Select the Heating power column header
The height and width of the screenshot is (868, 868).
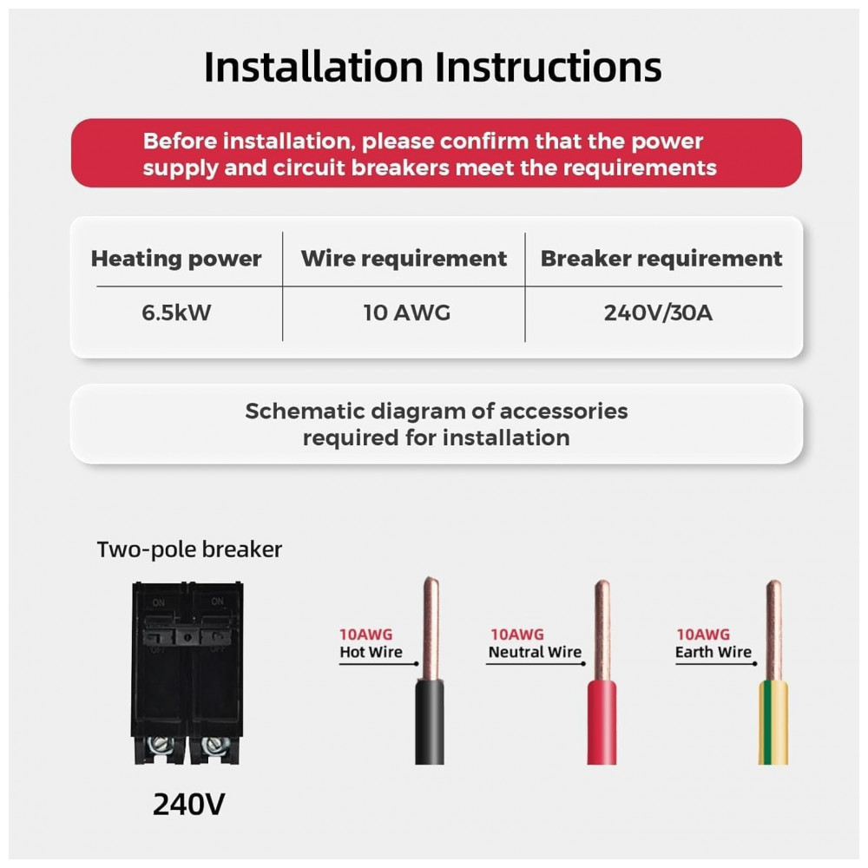[x=176, y=259]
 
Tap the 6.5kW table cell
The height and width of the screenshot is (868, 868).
[x=176, y=312]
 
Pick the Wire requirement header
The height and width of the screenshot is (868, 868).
[x=404, y=259]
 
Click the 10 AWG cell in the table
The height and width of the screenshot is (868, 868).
[x=406, y=312]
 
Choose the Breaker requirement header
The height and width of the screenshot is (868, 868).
[x=661, y=259]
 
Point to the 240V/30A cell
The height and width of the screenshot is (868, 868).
[x=658, y=312]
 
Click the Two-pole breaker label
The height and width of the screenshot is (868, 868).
[x=189, y=549]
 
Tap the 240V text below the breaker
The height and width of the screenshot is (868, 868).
[x=189, y=804]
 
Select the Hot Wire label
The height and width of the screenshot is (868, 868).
[x=371, y=652]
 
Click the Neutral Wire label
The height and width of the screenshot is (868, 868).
[x=535, y=652]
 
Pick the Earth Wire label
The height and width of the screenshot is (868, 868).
[x=713, y=652]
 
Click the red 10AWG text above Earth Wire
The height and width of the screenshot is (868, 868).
[x=703, y=635]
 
